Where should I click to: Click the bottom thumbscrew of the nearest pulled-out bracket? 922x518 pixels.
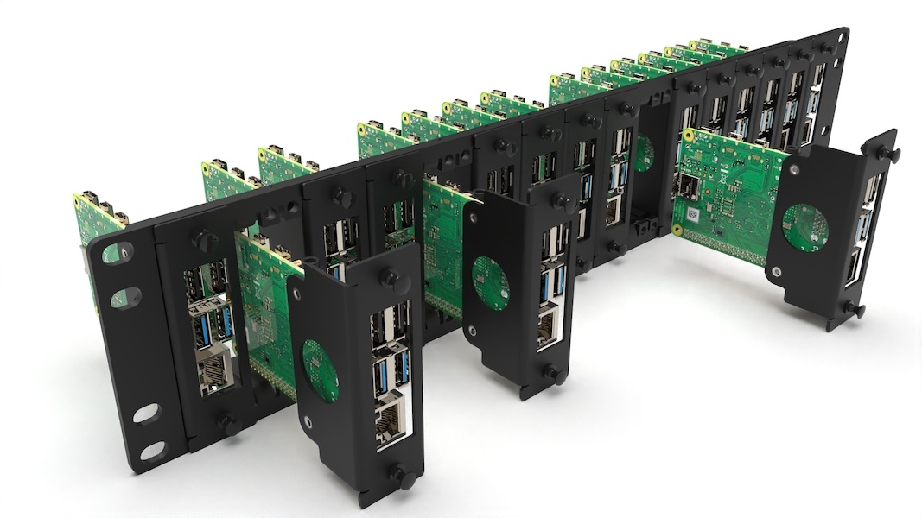tap(399, 475)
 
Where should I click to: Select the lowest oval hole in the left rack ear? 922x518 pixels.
tap(152, 450)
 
